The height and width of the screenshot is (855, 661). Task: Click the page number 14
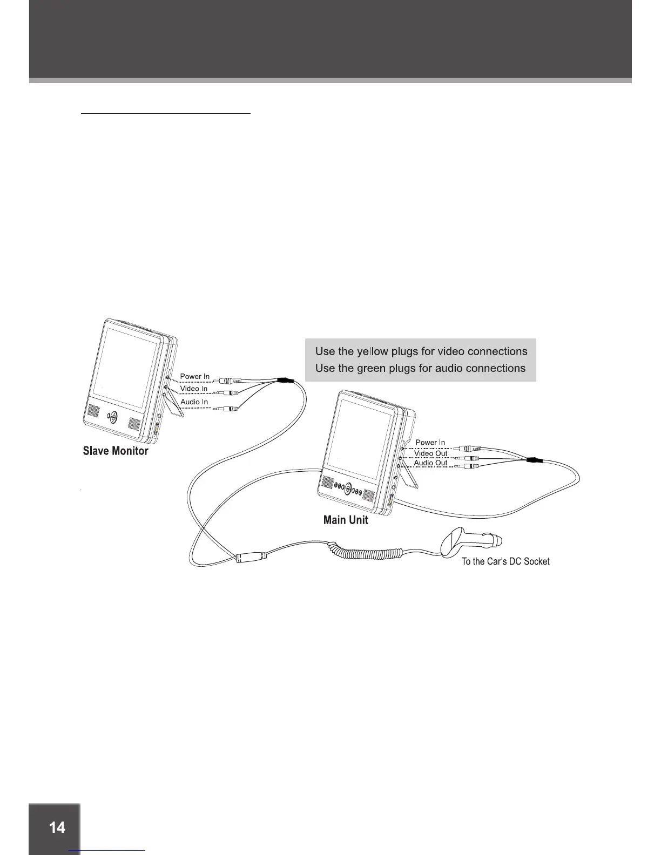[57, 827]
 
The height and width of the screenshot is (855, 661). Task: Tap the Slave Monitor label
[116, 451]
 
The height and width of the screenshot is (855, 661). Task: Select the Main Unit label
[346, 520]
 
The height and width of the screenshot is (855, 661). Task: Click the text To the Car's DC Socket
[505, 562]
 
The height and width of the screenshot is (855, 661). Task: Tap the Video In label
[194, 389]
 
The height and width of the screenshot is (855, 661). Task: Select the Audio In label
[194, 402]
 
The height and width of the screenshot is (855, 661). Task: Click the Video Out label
[431, 453]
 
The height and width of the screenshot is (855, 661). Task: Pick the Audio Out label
[430, 463]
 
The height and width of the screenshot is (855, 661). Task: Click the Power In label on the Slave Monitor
[194, 377]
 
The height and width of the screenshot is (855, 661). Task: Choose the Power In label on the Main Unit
[430, 443]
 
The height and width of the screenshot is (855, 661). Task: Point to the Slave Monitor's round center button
[112, 417]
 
